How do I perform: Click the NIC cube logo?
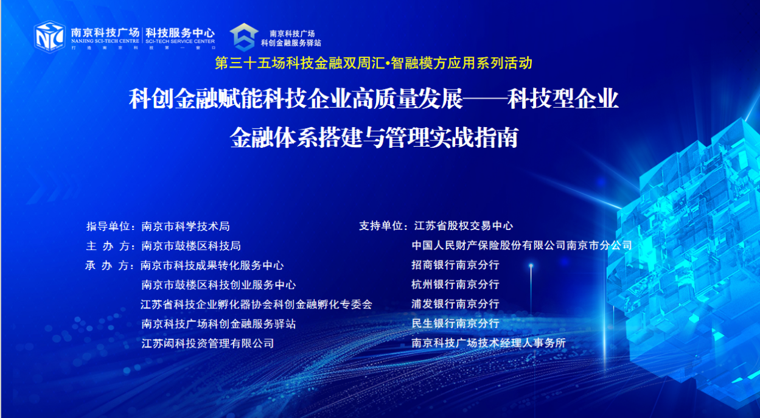coord(49,37)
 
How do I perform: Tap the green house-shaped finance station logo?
coord(244,37)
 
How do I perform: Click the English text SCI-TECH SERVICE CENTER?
coord(180,41)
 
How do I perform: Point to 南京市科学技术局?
coord(186,226)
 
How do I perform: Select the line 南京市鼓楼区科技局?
coord(191,246)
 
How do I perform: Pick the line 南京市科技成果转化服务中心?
coord(212,265)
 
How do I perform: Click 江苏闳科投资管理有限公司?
coord(207,343)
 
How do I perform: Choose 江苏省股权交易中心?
coord(464,226)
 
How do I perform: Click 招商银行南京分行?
coord(455,265)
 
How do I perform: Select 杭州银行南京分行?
coord(455,284)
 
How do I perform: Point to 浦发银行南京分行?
coord(455,304)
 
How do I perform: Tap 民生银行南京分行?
coord(455,323)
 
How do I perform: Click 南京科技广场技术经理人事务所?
coord(489,343)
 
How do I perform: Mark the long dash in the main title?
coord(485,99)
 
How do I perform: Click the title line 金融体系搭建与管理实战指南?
coord(374,138)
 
